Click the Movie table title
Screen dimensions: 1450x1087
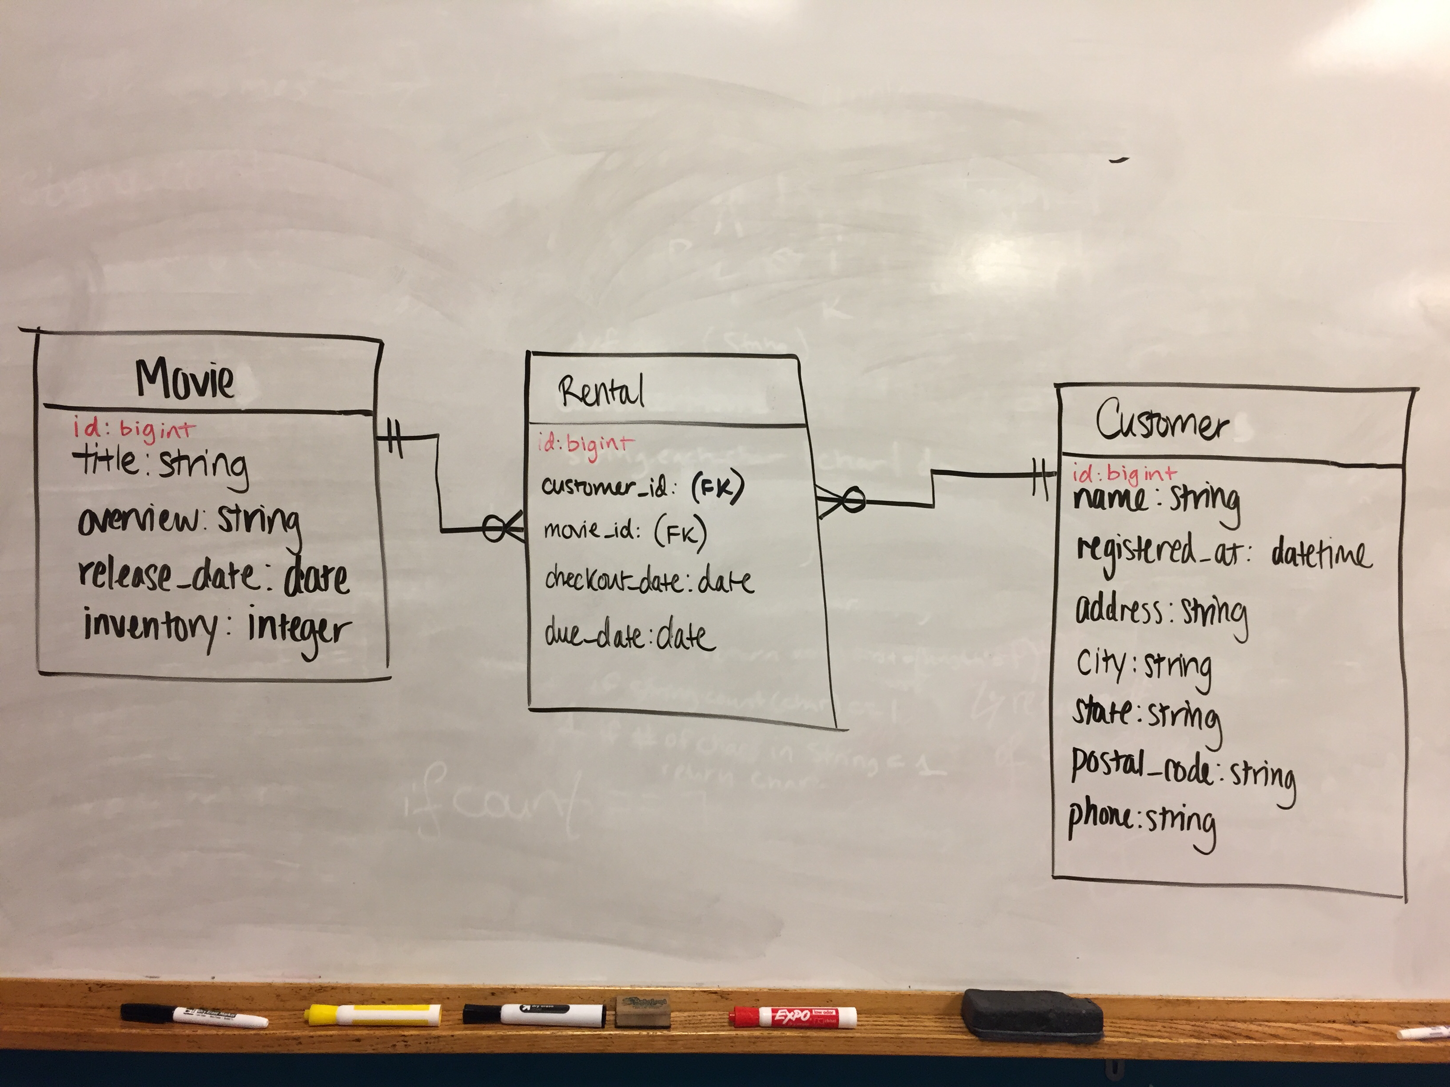(185, 379)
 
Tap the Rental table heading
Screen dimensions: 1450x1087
(601, 392)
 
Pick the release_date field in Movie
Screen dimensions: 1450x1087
(214, 577)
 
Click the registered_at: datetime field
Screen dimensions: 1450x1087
(1223, 554)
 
